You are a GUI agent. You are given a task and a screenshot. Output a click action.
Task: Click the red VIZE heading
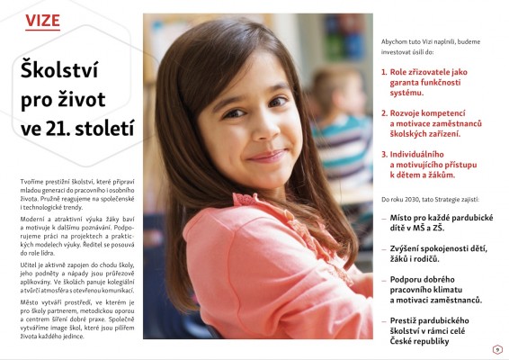42,20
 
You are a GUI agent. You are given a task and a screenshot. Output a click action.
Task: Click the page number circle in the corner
496,348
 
